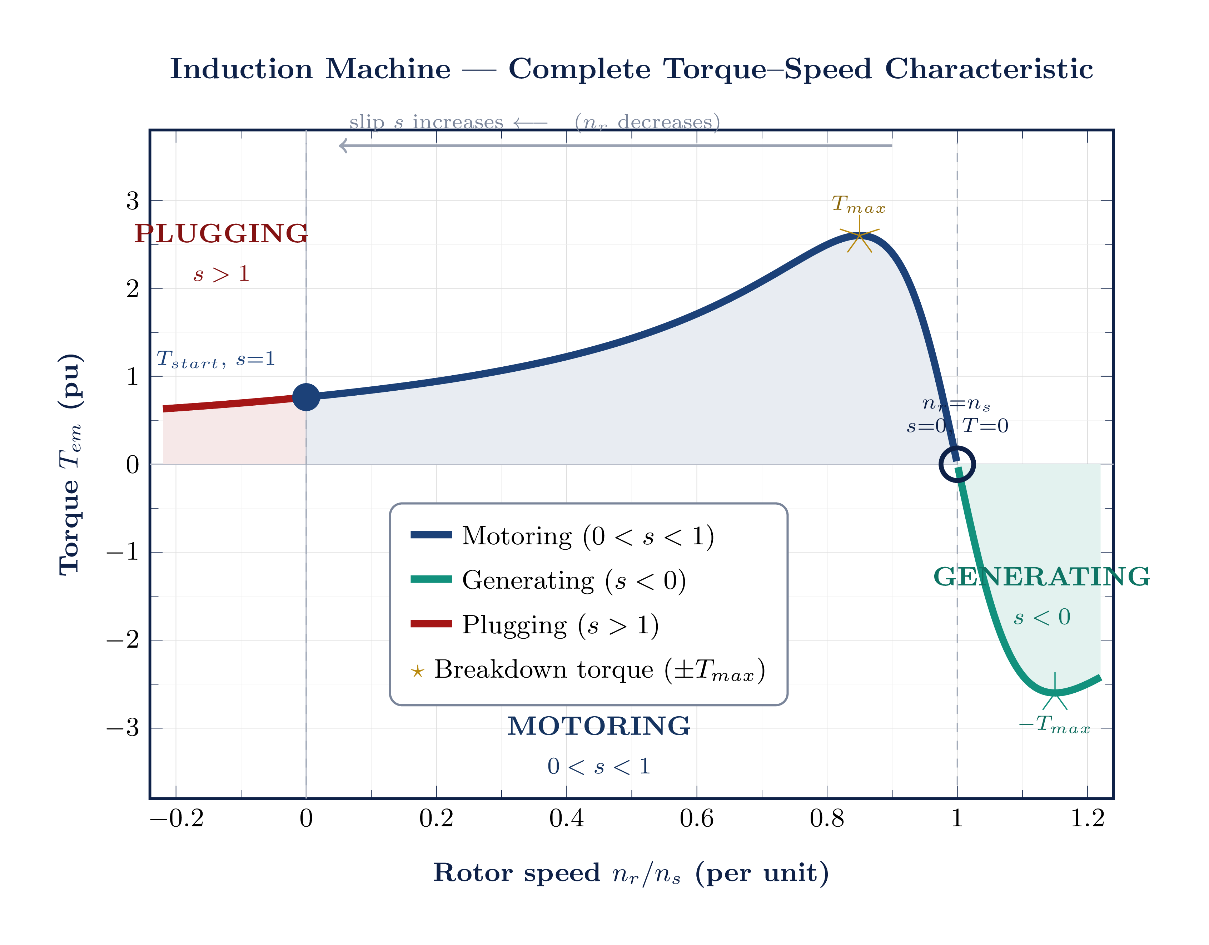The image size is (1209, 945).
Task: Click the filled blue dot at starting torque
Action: pos(306,397)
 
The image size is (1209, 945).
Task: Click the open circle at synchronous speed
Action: pos(956,464)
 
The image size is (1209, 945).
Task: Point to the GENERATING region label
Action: pos(1042,577)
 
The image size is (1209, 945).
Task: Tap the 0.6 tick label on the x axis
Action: pos(696,818)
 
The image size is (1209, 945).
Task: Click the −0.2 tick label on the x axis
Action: pos(176,818)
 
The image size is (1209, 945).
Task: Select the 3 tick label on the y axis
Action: pos(132,201)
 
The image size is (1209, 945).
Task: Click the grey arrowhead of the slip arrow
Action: pos(343,146)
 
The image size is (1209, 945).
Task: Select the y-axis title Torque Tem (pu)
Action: pos(71,464)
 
